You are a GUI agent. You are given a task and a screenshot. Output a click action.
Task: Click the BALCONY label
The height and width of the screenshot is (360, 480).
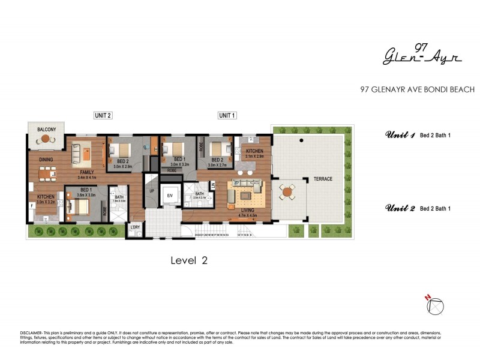[x=46, y=130]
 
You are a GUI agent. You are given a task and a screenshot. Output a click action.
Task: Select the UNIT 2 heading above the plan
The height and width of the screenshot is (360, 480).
[x=103, y=116]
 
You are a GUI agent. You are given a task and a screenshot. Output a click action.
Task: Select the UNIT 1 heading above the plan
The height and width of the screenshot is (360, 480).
[x=227, y=116]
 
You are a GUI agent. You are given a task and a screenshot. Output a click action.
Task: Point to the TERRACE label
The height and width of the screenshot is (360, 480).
[x=322, y=179]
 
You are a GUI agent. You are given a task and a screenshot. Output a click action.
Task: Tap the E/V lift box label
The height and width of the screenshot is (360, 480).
[x=170, y=196]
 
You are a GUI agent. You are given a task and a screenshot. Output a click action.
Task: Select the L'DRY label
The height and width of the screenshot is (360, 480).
[x=136, y=227]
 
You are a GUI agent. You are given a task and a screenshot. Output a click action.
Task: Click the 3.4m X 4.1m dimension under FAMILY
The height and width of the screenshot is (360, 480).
[x=83, y=178]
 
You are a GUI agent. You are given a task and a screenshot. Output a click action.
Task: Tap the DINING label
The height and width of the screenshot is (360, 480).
[x=46, y=160]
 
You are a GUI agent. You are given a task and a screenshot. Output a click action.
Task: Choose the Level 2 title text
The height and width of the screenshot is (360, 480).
[x=189, y=260]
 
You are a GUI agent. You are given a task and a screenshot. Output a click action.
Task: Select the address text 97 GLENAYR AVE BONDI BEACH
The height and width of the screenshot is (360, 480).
[x=417, y=90]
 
